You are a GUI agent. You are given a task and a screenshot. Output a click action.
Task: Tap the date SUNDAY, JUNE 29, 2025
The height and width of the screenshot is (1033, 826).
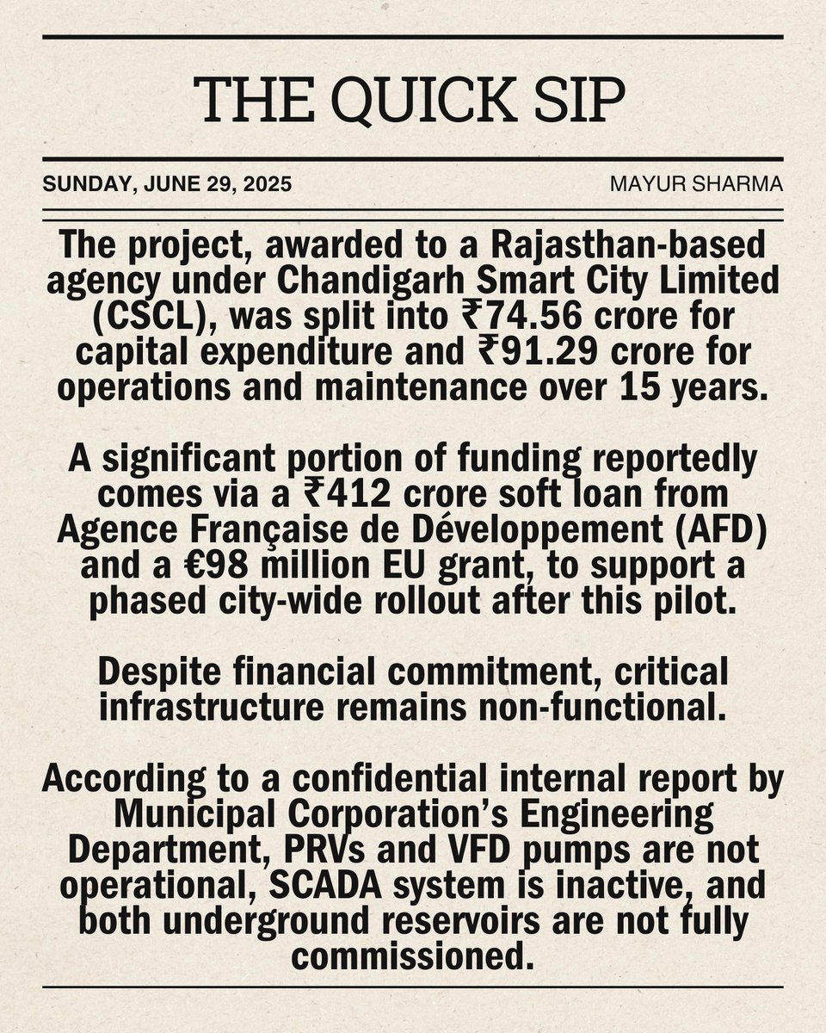click(x=167, y=184)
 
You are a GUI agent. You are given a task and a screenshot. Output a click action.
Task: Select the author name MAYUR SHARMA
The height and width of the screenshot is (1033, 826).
click(x=695, y=184)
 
